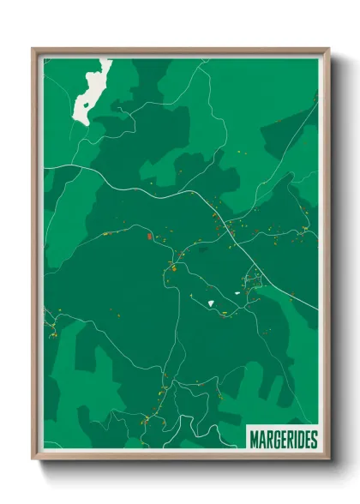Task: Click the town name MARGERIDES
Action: (282, 440)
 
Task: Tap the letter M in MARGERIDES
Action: (254, 440)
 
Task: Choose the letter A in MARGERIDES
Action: (261, 440)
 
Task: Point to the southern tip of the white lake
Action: (85, 123)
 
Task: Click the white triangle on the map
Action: (209, 302)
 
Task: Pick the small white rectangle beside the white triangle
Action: (237, 293)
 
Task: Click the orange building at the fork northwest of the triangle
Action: (171, 267)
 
